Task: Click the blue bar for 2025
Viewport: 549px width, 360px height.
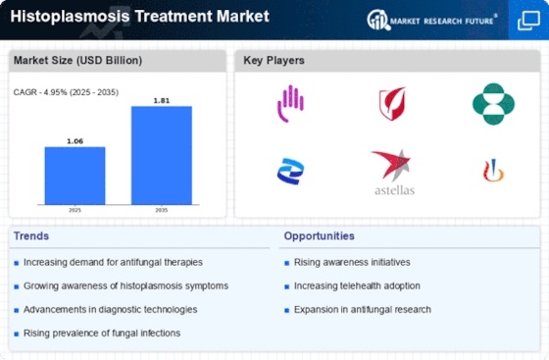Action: (75, 176)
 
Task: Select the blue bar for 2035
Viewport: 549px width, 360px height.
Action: (162, 155)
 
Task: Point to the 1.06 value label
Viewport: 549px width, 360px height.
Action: (75, 141)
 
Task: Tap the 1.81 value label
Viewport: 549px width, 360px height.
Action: (162, 100)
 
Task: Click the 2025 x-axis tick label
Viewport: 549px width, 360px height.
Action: (75, 210)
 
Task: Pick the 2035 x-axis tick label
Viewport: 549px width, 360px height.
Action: (162, 210)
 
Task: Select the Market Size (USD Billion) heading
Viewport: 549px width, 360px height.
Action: (77, 60)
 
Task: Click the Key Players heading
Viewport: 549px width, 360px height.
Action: (274, 60)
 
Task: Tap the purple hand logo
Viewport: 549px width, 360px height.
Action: (290, 103)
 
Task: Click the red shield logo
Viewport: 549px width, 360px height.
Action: (392, 104)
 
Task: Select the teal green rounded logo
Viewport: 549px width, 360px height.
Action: (493, 104)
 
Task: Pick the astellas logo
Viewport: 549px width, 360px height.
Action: (394, 172)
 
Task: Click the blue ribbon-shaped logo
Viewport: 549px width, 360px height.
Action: (290, 172)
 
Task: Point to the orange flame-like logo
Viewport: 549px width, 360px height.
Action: (493, 171)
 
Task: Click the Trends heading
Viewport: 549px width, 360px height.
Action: (31, 236)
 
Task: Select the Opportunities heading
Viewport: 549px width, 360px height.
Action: (319, 236)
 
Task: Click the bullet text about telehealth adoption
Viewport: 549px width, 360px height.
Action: (357, 285)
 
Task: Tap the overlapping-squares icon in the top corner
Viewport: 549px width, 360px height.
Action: (528, 21)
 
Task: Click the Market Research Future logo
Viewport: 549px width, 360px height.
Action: (432, 20)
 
